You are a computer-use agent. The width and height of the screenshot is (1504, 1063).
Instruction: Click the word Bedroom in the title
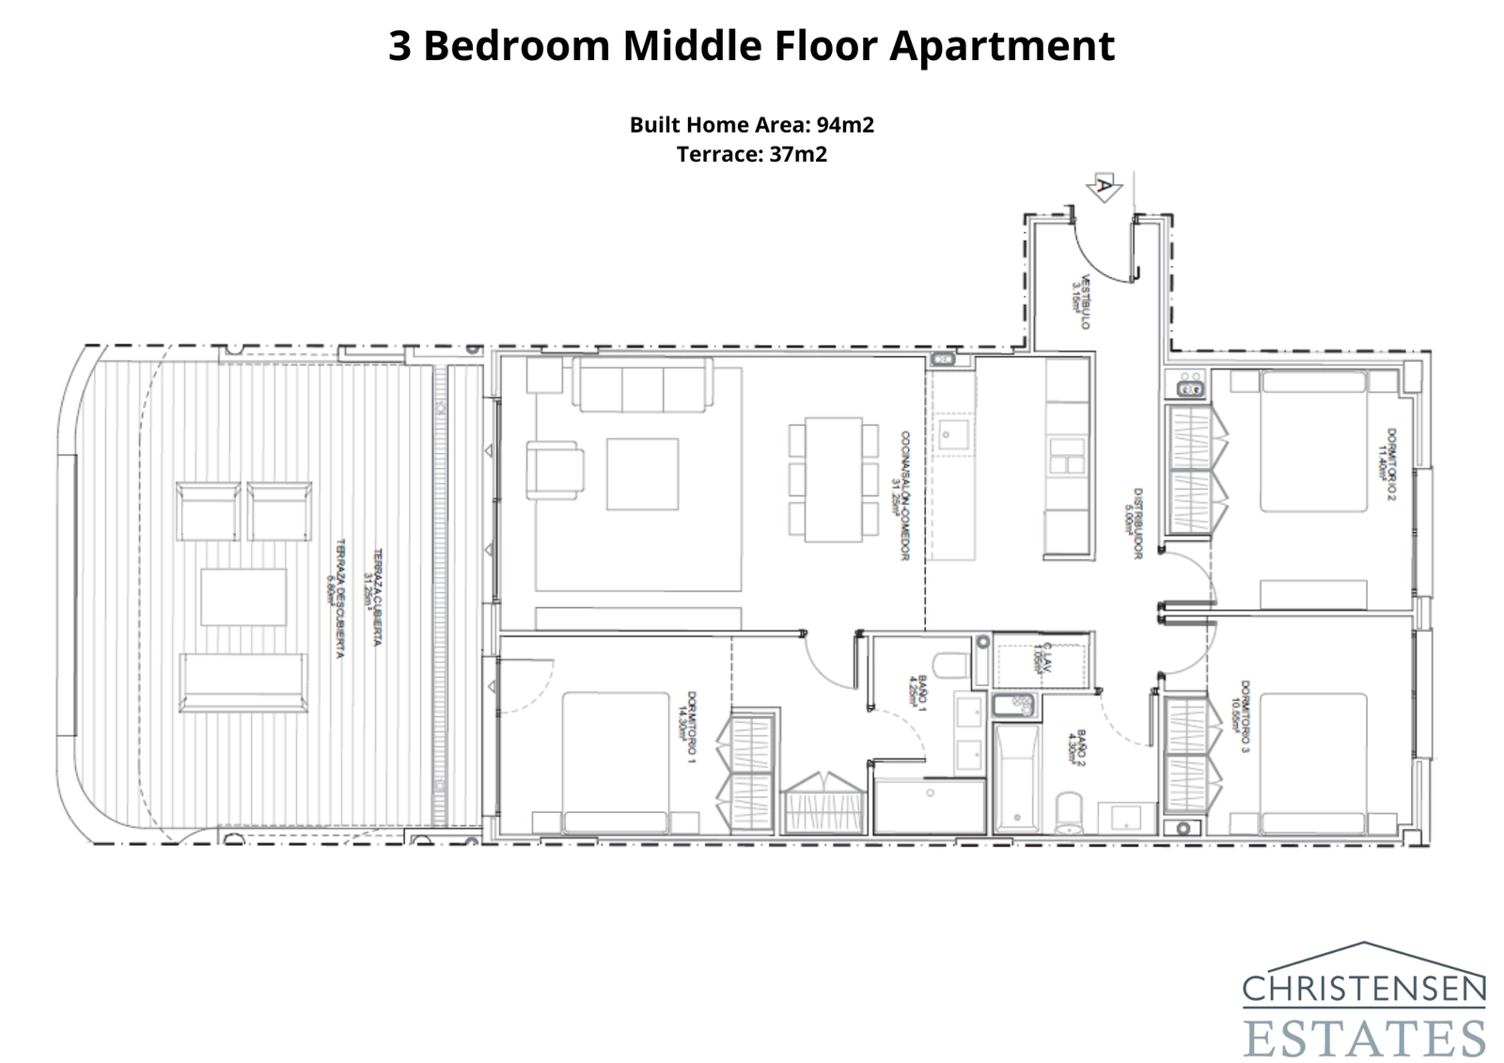click(x=516, y=45)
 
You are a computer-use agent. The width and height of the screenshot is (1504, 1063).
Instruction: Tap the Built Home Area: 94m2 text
click(x=752, y=125)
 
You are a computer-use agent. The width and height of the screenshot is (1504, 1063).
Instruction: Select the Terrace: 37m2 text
click(x=752, y=154)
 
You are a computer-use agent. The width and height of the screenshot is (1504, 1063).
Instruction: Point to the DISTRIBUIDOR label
click(x=1135, y=524)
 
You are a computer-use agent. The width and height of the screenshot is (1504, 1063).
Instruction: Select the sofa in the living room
click(x=644, y=389)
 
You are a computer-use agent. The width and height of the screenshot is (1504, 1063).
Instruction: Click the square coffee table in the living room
click(x=642, y=474)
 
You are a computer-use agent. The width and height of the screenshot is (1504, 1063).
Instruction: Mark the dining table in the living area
click(x=834, y=479)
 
